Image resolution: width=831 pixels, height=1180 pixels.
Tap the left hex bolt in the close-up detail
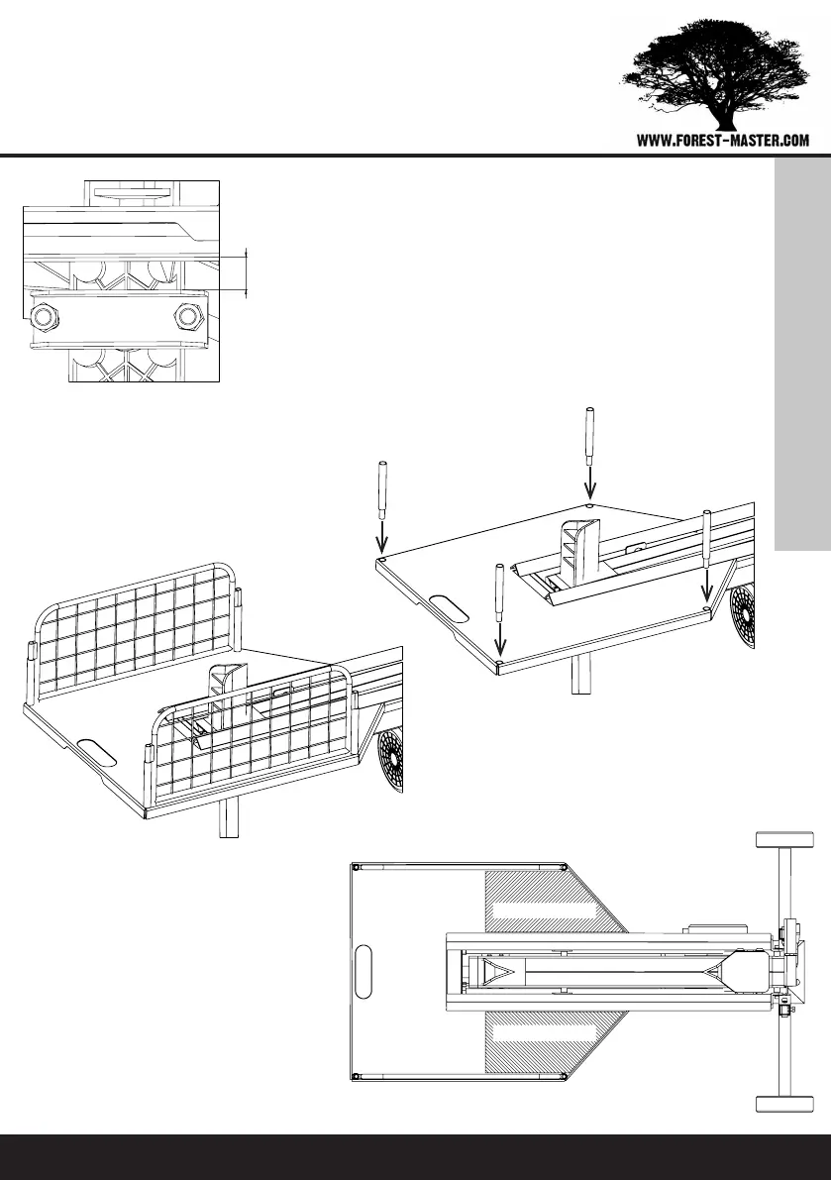click(x=45, y=317)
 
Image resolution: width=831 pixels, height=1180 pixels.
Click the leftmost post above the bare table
click(x=381, y=490)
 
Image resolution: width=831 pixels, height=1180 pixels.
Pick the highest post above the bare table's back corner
click(x=589, y=436)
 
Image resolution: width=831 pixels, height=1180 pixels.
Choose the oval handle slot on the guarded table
click(x=96, y=751)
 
